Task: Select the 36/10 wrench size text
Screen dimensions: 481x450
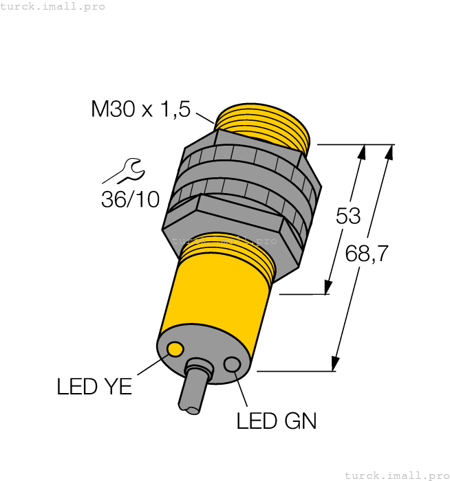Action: tap(130, 199)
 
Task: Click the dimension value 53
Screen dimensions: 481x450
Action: tap(348, 216)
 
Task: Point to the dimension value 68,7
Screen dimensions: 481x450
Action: tap(367, 254)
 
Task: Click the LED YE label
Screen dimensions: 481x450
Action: tap(94, 387)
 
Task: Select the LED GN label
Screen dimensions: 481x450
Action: tap(277, 421)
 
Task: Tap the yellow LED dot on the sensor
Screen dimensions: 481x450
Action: tap(175, 350)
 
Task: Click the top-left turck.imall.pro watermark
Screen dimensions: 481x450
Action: tap(52, 6)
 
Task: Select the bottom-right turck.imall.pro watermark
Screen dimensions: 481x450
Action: tap(396, 475)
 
